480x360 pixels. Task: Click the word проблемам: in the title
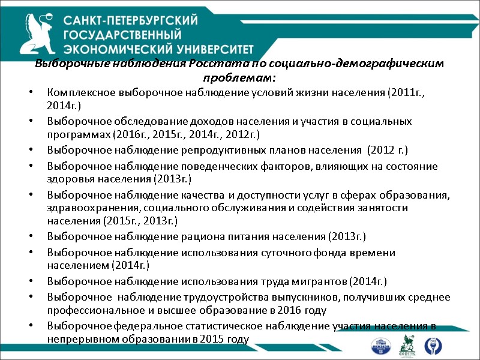pos(239,79)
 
